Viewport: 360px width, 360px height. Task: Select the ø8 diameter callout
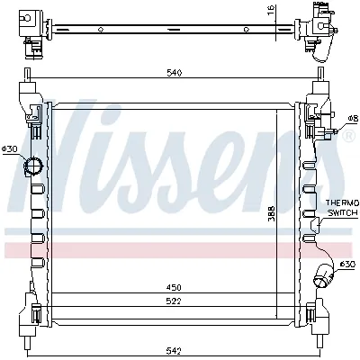point(353,118)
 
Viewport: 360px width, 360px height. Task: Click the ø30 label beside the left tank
point(9,148)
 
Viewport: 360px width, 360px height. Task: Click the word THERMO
point(342,204)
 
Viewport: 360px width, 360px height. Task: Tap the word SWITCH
point(342,214)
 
